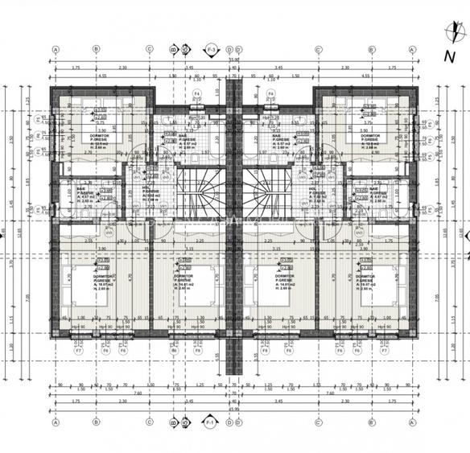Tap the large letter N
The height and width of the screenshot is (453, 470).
tap(448, 56)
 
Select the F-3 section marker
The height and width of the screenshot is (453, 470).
tap(212, 48)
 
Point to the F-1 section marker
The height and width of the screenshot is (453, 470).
tap(211, 421)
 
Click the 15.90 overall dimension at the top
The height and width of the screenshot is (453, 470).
tap(234, 60)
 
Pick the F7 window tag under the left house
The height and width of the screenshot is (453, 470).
tap(79, 351)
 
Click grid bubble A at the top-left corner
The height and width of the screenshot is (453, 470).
tap(56, 48)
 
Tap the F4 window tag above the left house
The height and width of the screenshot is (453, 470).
tap(196, 94)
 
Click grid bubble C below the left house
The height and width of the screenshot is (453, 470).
tap(150, 421)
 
